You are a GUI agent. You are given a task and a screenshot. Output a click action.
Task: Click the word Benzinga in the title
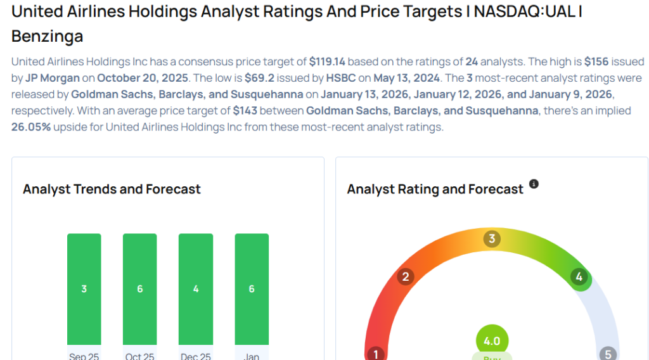[x=48, y=36]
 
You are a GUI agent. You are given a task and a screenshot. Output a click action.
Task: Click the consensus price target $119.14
[x=327, y=61]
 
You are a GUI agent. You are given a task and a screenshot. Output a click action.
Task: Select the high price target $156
[x=596, y=61]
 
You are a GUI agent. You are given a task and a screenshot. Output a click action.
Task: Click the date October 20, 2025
[x=143, y=78]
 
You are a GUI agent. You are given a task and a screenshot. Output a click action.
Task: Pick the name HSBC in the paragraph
[x=324, y=78]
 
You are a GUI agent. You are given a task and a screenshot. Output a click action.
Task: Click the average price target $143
[x=245, y=110]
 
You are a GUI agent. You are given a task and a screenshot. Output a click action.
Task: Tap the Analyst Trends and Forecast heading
[x=112, y=189]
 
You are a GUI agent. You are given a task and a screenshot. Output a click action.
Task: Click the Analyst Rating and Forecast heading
[x=435, y=189]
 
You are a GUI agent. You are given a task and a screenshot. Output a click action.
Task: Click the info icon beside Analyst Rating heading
[x=534, y=184]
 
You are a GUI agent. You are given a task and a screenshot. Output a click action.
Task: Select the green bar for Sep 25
[x=84, y=289]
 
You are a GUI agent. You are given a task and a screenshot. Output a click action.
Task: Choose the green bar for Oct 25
[x=140, y=289]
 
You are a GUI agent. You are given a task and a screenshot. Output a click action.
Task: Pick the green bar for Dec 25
[x=196, y=289]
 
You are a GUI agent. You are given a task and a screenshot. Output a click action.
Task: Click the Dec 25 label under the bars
[x=196, y=356]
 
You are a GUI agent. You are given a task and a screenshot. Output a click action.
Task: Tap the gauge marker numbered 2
[x=406, y=276]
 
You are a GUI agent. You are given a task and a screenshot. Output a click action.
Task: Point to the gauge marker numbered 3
[x=491, y=239]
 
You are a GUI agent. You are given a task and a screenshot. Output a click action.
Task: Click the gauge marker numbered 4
[x=578, y=276]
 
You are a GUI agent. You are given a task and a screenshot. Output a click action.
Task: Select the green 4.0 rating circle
[x=492, y=341]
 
